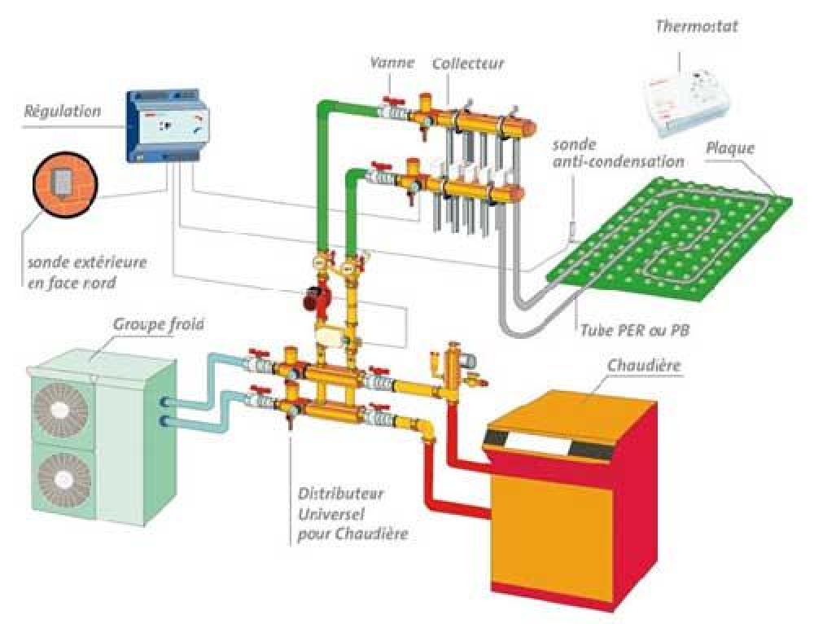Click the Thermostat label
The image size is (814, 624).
pos(696,26)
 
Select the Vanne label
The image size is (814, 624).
pos(392,63)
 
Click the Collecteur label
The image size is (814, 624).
pos(468,64)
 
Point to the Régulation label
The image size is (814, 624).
pos(63,111)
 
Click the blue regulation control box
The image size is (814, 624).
pos(168,126)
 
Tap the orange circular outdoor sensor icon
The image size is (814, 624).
pos(65,184)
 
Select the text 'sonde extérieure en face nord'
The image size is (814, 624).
pos(87,272)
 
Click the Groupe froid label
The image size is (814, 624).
pos(159,324)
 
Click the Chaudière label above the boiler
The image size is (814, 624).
pos(644,365)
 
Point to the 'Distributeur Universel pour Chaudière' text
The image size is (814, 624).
pos(352,513)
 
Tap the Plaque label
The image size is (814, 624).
pos(730,148)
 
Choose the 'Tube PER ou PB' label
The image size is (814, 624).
pos(635,331)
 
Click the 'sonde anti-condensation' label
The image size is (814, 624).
pos(618,153)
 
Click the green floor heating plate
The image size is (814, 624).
pos(670,239)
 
